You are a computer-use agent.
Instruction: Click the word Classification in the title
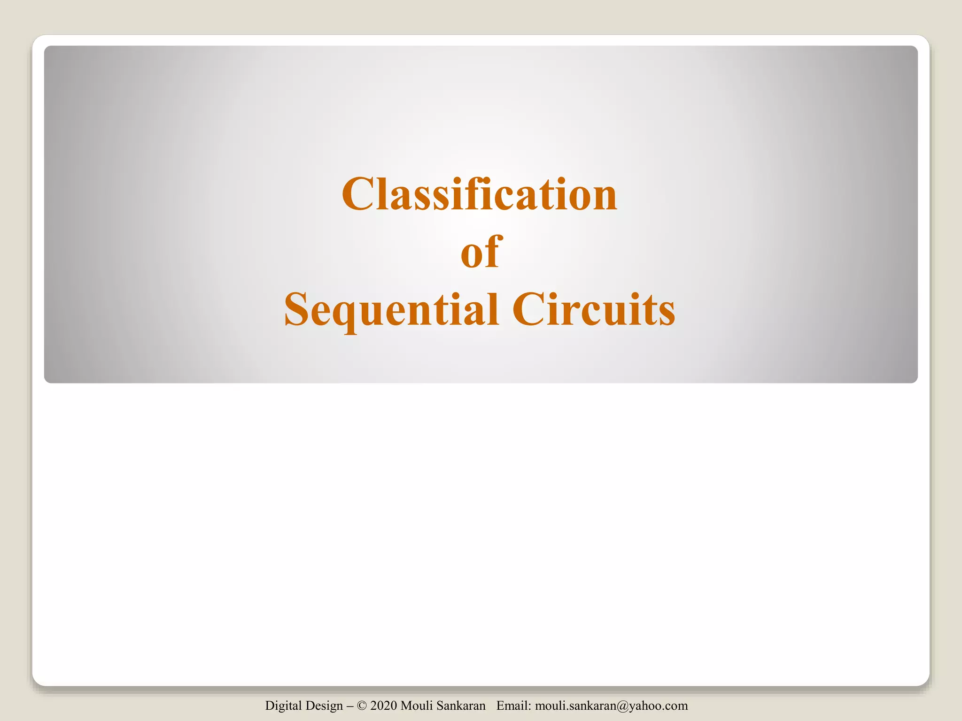(479, 194)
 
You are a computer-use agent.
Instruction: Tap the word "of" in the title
(481, 252)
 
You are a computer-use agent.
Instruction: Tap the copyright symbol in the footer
(362, 706)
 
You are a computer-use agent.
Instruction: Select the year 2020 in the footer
(383, 706)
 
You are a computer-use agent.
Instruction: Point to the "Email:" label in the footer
(514, 706)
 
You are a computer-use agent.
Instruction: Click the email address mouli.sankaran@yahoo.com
(611, 706)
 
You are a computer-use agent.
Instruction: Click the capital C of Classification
(359, 194)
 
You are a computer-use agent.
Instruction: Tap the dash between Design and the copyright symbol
(350, 706)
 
